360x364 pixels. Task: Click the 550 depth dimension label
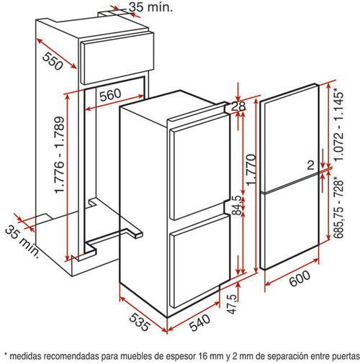pyautogui.click(x=53, y=61)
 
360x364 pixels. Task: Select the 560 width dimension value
pyautogui.click(x=110, y=94)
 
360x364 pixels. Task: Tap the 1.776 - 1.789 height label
pyautogui.click(x=59, y=155)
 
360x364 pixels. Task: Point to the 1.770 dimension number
pyautogui.click(x=251, y=170)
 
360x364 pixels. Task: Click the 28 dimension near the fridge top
pyautogui.click(x=238, y=106)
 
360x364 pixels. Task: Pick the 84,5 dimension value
pyautogui.click(x=236, y=205)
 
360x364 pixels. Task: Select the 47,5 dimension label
pyautogui.click(x=232, y=304)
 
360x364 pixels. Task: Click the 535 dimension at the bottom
pyautogui.click(x=140, y=322)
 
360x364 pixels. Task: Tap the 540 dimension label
pyautogui.click(x=199, y=322)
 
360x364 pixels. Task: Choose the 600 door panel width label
pyautogui.click(x=300, y=278)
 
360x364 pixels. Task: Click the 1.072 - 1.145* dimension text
pyautogui.click(x=339, y=124)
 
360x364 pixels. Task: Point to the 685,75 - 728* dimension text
pyautogui.click(x=339, y=207)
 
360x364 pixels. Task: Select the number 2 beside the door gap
pyautogui.click(x=311, y=165)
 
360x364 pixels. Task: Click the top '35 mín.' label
pyautogui.click(x=151, y=7)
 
